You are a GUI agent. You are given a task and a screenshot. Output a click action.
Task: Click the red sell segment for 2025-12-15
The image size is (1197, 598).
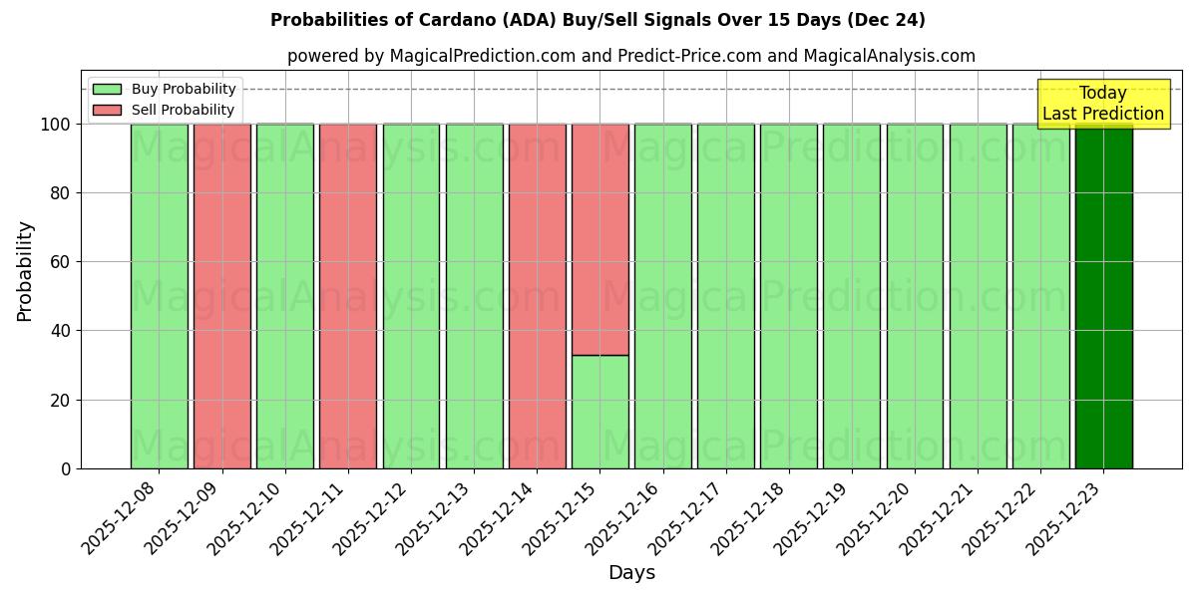click(599, 239)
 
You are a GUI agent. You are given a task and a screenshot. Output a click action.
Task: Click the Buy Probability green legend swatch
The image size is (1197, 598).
click(107, 90)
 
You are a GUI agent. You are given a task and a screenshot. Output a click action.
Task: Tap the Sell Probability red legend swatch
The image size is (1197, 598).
click(107, 111)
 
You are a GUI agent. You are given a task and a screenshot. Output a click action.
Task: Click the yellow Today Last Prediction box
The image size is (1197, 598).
click(1103, 104)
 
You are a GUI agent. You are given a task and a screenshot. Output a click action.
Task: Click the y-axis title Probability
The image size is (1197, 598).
click(25, 270)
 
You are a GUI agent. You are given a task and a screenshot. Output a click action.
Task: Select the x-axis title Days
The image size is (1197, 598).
click(631, 573)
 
